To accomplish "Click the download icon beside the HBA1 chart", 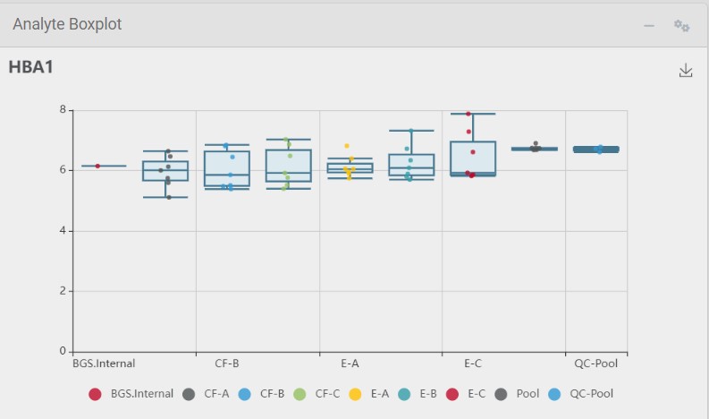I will click(686, 71).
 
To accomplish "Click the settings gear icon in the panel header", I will click(681, 25).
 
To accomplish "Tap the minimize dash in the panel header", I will click(649, 26).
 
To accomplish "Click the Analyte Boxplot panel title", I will click(67, 25).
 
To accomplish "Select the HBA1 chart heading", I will click(31, 67).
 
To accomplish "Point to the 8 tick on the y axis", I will click(63, 110).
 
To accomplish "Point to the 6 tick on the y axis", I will click(63, 170).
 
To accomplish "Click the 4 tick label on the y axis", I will click(63, 231).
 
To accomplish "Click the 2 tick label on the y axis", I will click(63, 291).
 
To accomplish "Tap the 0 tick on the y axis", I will click(63, 351).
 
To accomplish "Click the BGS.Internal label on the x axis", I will click(98, 363).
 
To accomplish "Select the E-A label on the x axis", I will click(350, 363).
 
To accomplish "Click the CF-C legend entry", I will click(317, 393).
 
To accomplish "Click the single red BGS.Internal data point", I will click(97, 166).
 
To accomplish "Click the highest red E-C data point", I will click(468, 114).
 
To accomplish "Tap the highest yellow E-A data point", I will click(347, 146).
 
